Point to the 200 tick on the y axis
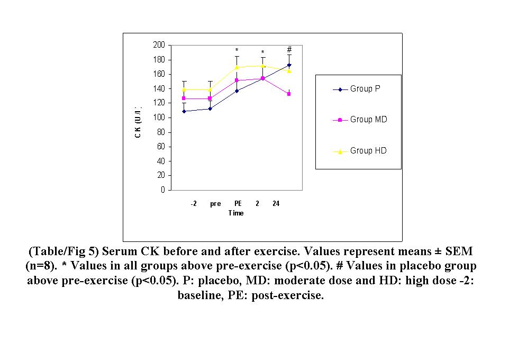coord(159,46)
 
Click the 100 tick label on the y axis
coord(159,118)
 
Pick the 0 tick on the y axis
coord(162,190)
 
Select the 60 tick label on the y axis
coord(161,147)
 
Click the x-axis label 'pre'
coord(215,204)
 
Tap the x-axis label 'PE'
coord(238,204)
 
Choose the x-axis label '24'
coord(276,204)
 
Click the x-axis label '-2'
coord(194,204)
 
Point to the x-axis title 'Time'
coord(236,213)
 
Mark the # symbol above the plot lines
coord(289,49)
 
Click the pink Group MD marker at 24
coord(289,94)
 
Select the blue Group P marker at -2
coord(184,111)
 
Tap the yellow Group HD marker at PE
coord(237,67)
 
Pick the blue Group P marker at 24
coord(289,65)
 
